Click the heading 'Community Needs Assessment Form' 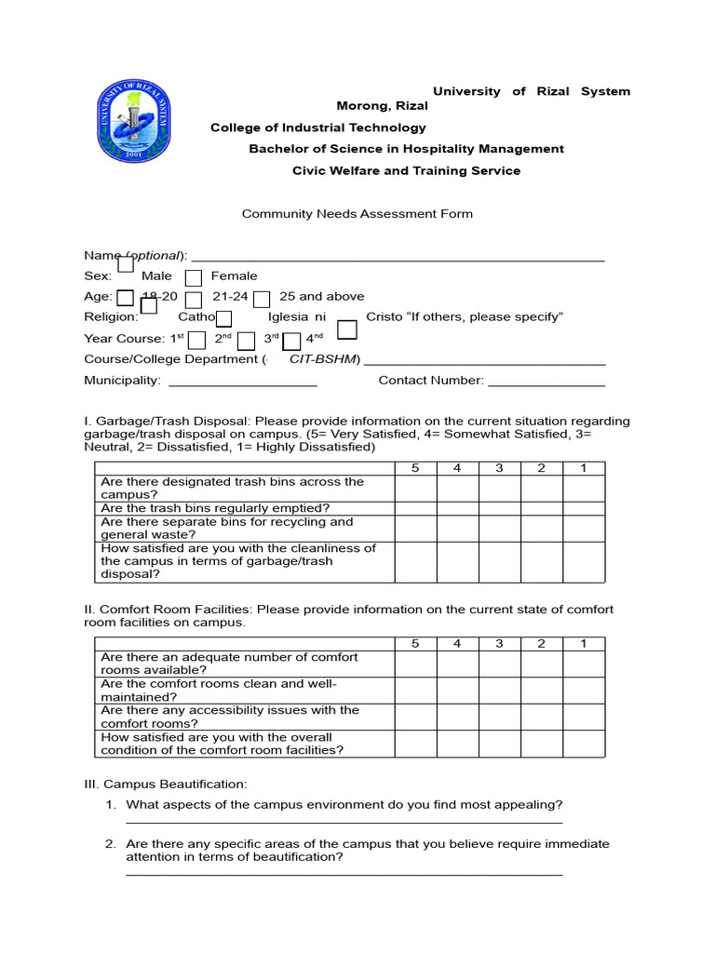click(357, 214)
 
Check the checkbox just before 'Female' click(193, 277)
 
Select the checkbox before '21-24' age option click(194, 299)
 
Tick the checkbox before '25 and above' click(262, 299)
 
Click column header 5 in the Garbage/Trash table click(415, 468)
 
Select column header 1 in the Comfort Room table click(583, 643)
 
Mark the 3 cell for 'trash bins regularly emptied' click(499, 508)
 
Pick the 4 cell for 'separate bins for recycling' click(457, 528)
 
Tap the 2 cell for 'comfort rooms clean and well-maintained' click(541, 690)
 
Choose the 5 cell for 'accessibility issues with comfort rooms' click(415, 716)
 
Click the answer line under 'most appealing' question click(344, 822)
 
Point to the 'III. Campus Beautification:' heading click(166, 785)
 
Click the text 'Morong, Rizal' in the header click(382, 106)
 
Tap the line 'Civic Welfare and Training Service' click(406, 171)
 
